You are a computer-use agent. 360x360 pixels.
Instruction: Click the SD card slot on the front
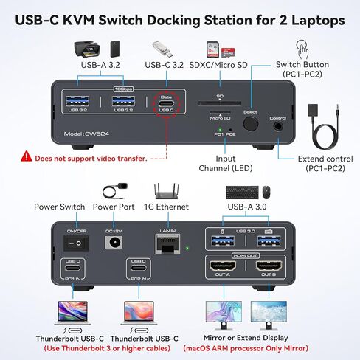(x=219, y=104)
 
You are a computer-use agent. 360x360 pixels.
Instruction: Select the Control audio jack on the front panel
(x=278, y=127)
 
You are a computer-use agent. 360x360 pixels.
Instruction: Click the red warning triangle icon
(x=27, y=157)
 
